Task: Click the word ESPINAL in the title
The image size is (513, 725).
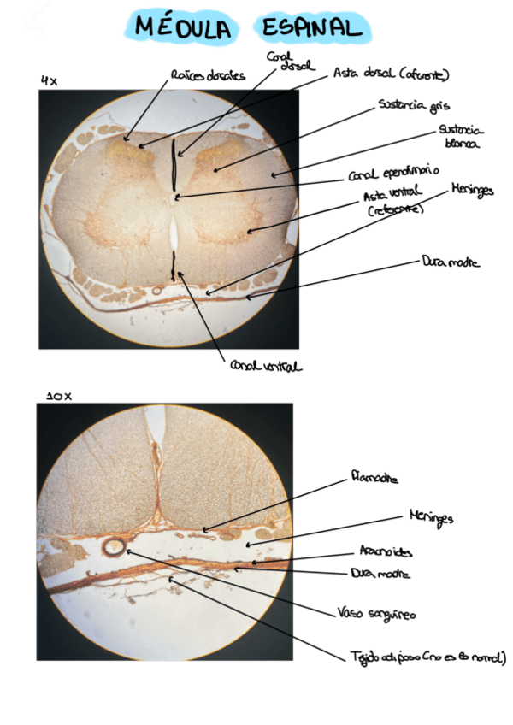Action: click(x=311, y=28)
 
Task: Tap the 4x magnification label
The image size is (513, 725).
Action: click(x=49, y=80)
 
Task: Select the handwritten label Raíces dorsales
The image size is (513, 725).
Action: click(x=208, y=75)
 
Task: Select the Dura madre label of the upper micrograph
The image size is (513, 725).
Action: click(x=451, y=263)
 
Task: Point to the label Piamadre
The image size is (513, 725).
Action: click(x=374, y=478)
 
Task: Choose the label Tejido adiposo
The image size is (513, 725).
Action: click(x=427, y=657)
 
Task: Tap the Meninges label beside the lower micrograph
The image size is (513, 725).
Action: click(x=430, y=518)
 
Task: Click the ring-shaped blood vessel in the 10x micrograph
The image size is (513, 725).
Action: click(x=114, y=545)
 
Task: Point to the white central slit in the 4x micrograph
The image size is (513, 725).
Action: click(x=174, y=231)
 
